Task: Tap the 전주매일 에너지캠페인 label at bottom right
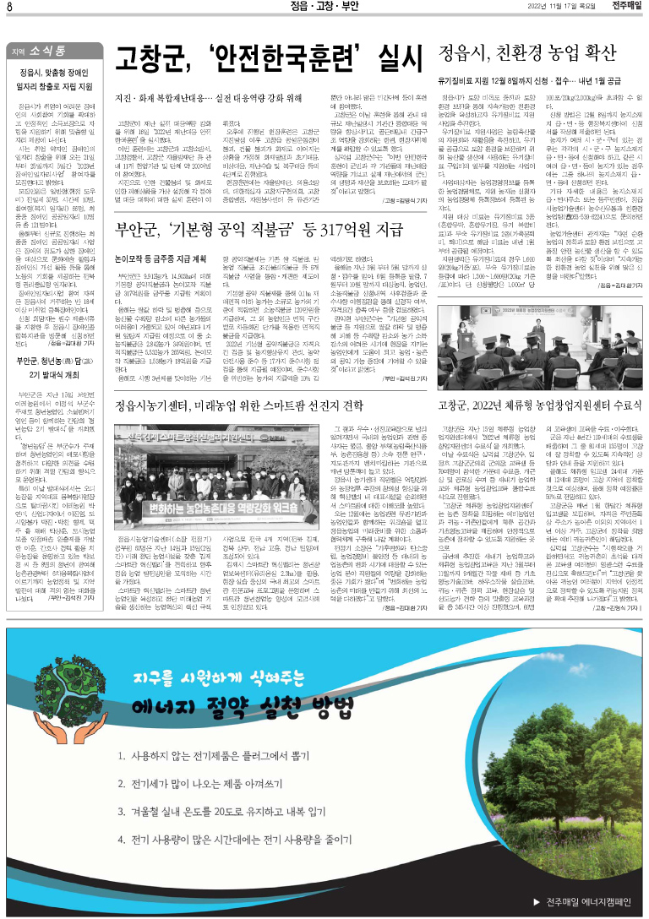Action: pos(588,899)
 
